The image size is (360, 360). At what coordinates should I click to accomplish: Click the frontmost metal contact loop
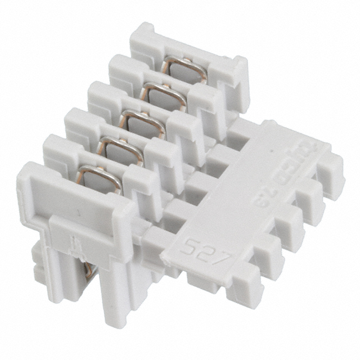99,178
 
